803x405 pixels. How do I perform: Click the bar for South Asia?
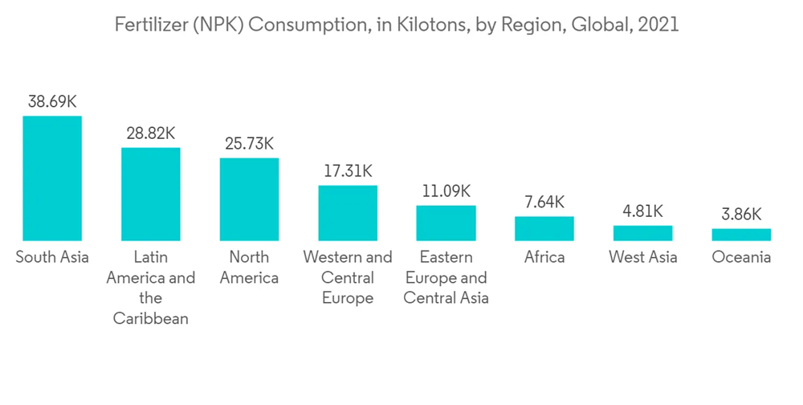(x=52, y=178)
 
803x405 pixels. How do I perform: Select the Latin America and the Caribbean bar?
(x=151, y=194)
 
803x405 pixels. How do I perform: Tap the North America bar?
(x=249, y=199)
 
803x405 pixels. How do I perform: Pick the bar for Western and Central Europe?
(x=348, y=213)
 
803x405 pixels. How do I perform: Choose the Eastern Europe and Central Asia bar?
(x=446, y=223)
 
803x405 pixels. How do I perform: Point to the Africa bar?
(x=544, y=228)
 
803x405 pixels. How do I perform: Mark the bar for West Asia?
(x=642, y=233)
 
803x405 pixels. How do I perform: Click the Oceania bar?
(x=741, y=235)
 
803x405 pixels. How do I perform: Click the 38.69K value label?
(x=52, y=102)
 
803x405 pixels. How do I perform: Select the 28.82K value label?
(x=151, y=133)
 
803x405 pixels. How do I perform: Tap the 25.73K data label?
(x=249, y=144)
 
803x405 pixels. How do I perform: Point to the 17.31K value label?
(x=348, y=171)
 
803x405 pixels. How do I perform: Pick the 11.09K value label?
(x=446, y=191)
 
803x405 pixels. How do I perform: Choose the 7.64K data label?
(x=544, y=202)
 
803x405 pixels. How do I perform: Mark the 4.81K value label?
(x=642, y=211)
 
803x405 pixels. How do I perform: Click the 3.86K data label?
(x=741, y=215)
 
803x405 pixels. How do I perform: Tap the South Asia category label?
(x=52, y=257)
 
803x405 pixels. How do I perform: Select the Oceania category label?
(x=741, y=257)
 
